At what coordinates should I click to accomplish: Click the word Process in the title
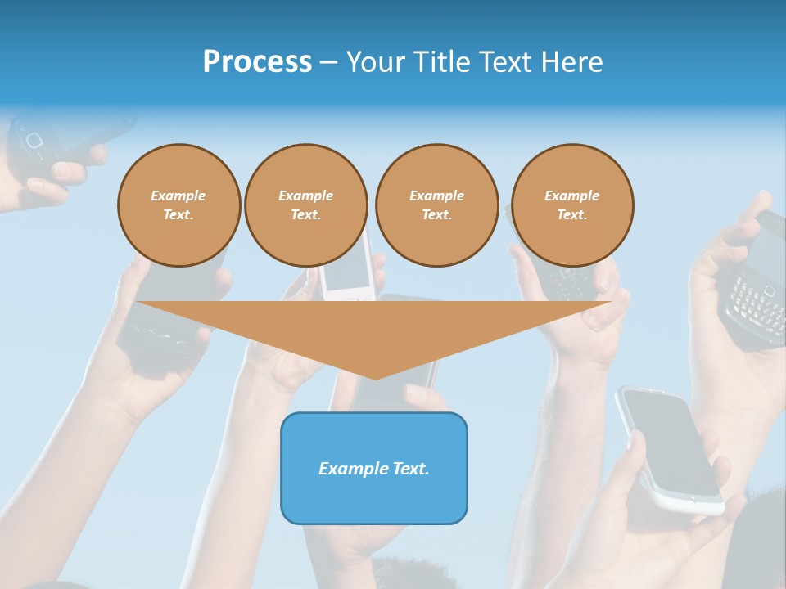[257, 62]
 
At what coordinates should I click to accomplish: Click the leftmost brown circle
[178, 205]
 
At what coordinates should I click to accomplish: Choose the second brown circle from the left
[305, 205]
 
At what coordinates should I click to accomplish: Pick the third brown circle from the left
[436, 205]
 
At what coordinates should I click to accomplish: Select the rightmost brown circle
[572, 205]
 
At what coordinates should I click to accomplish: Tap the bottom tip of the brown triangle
[375, 378]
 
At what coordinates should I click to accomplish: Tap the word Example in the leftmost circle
[178, 196]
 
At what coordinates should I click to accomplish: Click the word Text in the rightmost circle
[571, 215]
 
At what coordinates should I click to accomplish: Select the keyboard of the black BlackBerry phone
[755, 303]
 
